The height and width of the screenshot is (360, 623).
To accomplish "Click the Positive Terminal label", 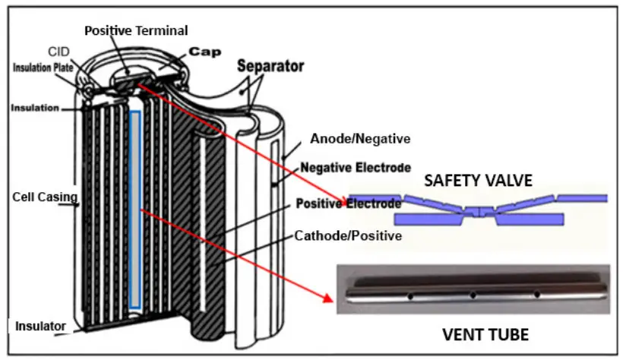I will point(135,30).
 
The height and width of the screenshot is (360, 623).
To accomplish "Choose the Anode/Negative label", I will point(360,139).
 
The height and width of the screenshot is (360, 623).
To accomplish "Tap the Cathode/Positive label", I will point(347,236).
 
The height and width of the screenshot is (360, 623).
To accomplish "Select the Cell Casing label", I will point(45,197).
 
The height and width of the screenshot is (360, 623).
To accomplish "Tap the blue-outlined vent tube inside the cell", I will point(134,209).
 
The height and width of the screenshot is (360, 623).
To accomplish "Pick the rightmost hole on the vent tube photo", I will point(536,294).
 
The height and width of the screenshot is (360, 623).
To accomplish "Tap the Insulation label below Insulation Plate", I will point(36,108).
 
